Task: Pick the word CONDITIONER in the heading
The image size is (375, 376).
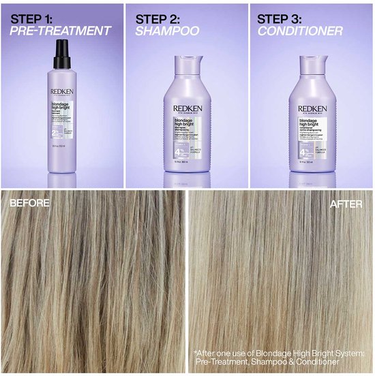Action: pyautogui.click(x=301, y=31)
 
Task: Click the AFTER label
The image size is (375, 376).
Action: pyautogui.click(x=347, y=203)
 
